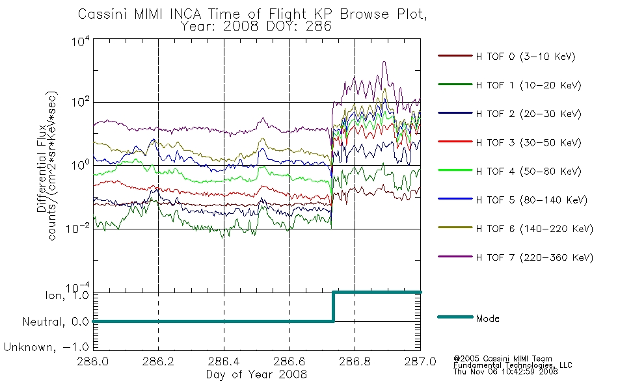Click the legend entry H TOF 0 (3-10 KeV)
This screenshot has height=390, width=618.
(x=507, y=57)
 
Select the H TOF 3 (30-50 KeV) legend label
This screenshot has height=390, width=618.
(x=509, y=142)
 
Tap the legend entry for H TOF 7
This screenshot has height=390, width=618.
(x=515, y=257)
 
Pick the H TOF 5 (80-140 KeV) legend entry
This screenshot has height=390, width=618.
(x=513, y=200)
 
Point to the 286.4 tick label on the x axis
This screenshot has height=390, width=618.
(x=224, y=361)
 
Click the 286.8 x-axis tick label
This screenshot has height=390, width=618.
(x=355, y=361)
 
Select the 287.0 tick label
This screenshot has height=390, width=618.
(x=420, y=361)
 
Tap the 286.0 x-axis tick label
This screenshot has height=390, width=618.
(x=93, y=361)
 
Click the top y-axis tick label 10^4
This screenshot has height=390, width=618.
(x=81, y=40)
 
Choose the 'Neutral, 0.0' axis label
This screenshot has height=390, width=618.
(x=56, y=322)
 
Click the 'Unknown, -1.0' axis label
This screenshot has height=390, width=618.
(x=46, y=347)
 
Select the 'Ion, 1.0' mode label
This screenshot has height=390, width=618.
(x=68, y=296)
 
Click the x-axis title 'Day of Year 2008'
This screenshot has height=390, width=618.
(x=256, y=374)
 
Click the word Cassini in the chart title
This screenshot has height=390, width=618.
(x=103, y=14)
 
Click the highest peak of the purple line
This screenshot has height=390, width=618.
(x=384, y=62)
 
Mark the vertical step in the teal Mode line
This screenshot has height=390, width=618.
(x=334, y=307)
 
